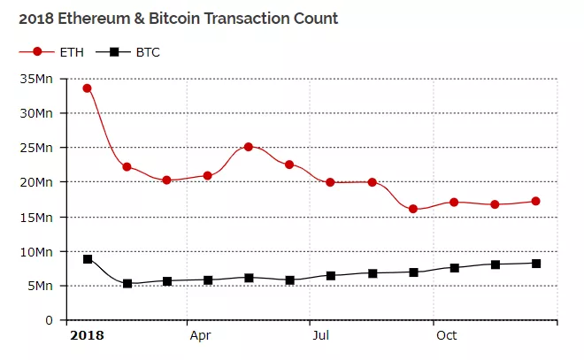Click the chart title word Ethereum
click(x=92, y=18)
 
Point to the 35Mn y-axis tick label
click(x=40, y=79)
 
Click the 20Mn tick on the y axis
click(x=40, y=182)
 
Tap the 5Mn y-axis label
click(x=43, y=286)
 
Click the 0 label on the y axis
click(x=50, y=320)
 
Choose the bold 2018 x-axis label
click(x=87, y=335)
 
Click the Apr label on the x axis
click(x=200, y=335)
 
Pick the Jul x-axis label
click(x=320, y=335)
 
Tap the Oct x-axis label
click(x=446, y=335)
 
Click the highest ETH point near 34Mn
click(x=87, y=88)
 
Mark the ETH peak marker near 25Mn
click(x=249, y=147)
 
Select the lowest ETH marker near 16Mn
click(x=413, y=209)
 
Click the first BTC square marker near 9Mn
click(x=87, y=259)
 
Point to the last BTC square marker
click(x=536, y=264)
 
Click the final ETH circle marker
click(x=536, y=202)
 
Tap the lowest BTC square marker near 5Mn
click(x=127, y=283)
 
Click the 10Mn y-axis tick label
click(x=40, y=251)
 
